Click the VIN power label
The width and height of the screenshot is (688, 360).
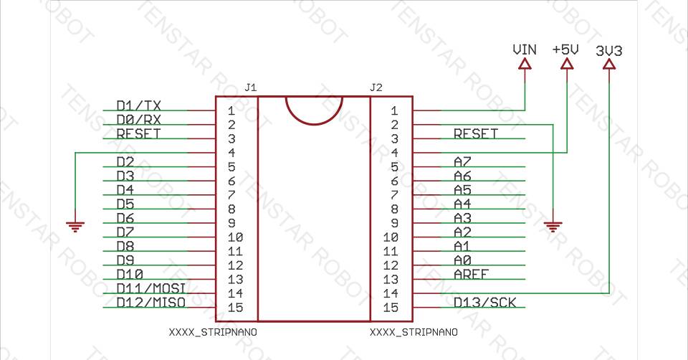525,50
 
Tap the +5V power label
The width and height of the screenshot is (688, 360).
565,50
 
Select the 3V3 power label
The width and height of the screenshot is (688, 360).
609,51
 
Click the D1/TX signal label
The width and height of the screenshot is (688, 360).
138,105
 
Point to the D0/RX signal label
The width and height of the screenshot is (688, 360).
138,119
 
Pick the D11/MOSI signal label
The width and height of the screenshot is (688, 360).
151,288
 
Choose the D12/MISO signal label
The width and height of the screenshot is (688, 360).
151,303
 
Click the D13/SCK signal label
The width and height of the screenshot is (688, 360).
484,303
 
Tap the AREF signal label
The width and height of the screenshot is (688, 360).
471,274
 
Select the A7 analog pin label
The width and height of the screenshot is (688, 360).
462,161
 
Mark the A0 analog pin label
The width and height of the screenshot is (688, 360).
462,260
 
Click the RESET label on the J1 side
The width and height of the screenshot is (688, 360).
138,133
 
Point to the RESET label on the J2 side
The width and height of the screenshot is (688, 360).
476,133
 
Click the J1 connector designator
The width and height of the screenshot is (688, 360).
250,87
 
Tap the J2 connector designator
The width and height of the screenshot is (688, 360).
376,87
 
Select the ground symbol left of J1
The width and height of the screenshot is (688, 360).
75,227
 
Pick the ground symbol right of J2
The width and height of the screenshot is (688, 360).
553,227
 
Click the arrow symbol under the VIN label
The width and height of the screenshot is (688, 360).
525,65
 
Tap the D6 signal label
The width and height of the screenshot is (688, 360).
125,218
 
